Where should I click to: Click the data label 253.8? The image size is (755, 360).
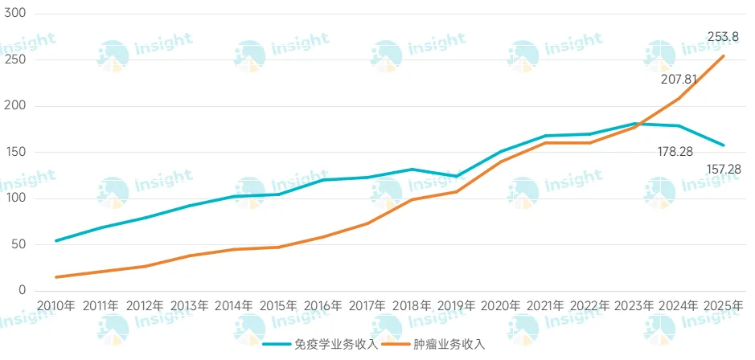[x=723, y=36]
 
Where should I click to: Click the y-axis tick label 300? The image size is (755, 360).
[x=16, y=14]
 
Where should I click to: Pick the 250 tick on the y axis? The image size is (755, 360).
[x=16, y=60]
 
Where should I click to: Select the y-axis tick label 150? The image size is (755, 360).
[x=16, y=153]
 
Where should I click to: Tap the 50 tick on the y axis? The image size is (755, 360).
[x=19, y=244]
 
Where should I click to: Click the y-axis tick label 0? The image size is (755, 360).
[x=23, y=291]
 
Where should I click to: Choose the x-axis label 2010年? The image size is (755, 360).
[x=55, y=306]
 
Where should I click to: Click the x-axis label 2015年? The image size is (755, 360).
[x=278, y=306]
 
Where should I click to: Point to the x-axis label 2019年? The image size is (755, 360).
[x=457, y=306]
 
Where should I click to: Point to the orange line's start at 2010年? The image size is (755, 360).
[x=55, y=277]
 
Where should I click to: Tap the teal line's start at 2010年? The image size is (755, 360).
[x=55, y=240]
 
